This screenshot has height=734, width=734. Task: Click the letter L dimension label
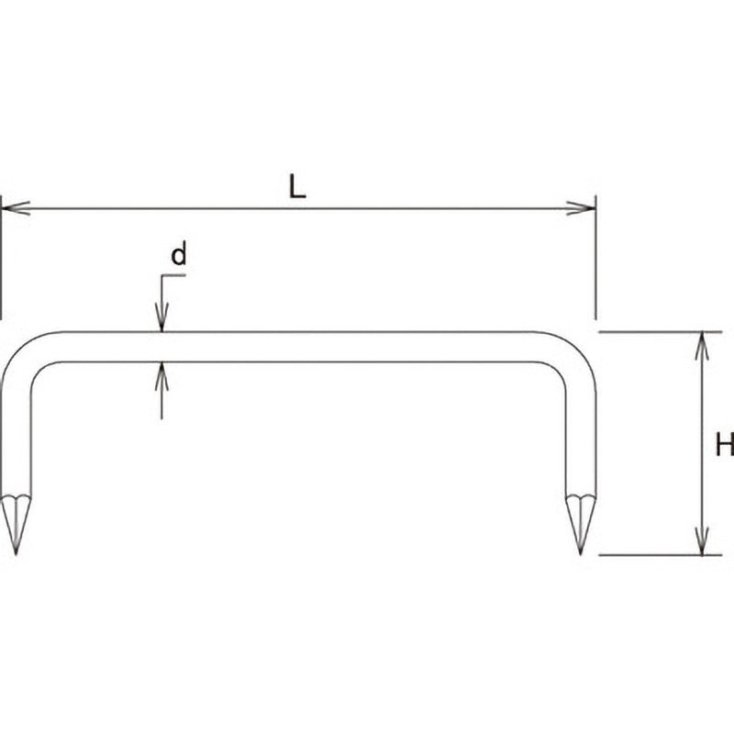[x=296, y=186]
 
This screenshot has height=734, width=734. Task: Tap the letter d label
[x=179, y=253]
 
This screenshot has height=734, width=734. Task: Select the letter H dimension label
[x=725, y=444]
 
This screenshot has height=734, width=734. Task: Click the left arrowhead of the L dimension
[x=16, y=208]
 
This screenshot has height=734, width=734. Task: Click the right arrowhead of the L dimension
[x=581, y=208]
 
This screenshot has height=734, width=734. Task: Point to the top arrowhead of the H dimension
[x=701, y=347]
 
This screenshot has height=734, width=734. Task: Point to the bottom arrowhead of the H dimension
[x=701, y=540]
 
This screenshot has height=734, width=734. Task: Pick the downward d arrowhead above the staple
[x=162, y=317]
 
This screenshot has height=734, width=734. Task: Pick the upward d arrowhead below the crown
[x=162, y=376]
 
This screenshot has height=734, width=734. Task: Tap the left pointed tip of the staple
[x=16, y=554]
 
